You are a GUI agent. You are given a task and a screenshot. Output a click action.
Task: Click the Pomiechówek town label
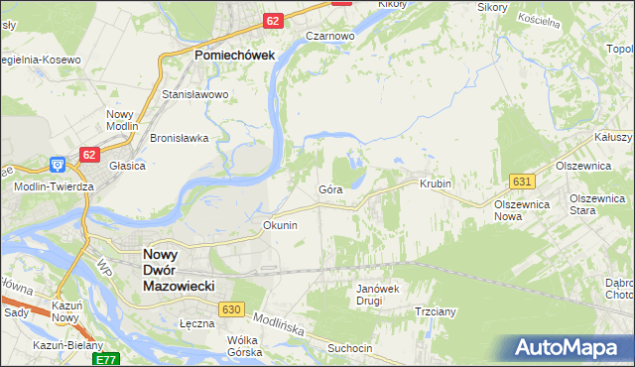pos(234,57)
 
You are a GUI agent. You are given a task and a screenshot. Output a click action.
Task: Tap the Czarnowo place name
pos(330,36)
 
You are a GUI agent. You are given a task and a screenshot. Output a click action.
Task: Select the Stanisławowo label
pos(195,95)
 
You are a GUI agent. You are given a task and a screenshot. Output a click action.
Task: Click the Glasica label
pos(127,166)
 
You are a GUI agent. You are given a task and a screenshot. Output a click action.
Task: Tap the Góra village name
pos(330,188)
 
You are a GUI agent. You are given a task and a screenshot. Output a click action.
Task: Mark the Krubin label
pos(436,184)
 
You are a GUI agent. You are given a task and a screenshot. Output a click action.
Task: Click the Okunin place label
pos(279,225)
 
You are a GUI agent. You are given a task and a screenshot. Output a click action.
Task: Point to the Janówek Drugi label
pos(377,295)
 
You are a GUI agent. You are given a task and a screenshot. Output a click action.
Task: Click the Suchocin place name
pos(350,348)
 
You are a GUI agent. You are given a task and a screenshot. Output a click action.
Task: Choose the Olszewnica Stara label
pos(596,203)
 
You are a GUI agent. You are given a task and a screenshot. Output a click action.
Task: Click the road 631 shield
pos(524,182)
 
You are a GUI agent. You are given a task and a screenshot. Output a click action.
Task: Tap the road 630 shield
pos(231,310)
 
